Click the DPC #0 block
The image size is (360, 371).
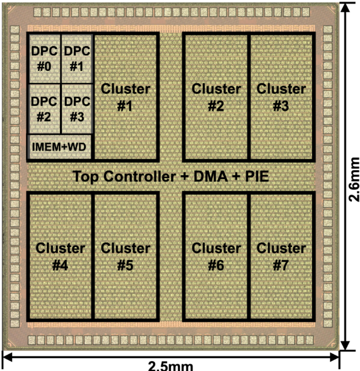tap(44, 58)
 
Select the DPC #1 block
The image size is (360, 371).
tap(77, 58)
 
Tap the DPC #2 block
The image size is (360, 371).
tap(44, 109)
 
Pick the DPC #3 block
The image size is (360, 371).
tap(77, 109)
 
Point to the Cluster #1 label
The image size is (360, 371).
tap(126, 97)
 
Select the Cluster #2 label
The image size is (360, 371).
tap(216, 97)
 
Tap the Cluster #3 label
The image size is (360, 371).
tap(281, 97)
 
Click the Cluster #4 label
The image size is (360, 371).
tap(61, 256)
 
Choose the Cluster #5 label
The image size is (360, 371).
tap(126, 256)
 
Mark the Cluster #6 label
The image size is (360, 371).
tap(216, 256)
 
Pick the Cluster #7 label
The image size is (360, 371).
tap(281, 256)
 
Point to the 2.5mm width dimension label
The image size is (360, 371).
tap(170, 365)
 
